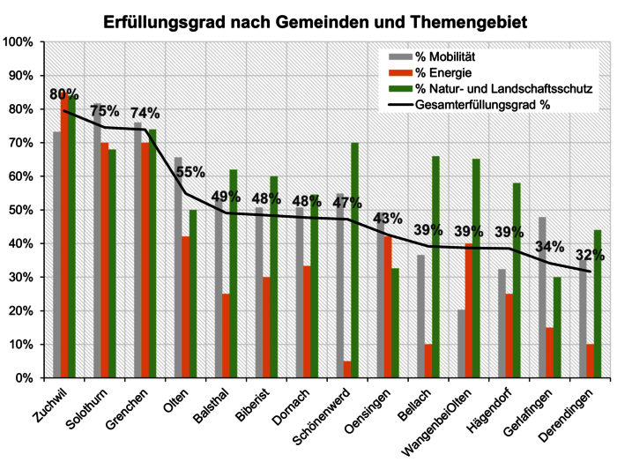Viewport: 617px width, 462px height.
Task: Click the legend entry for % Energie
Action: click(446, 74)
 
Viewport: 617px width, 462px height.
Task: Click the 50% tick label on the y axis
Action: click(20, 210)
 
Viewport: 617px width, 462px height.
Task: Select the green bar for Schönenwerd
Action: click(354, 260)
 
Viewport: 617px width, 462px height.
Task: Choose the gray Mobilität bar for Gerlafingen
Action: click(542, 297)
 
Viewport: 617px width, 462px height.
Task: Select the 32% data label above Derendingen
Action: click(589, 256)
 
